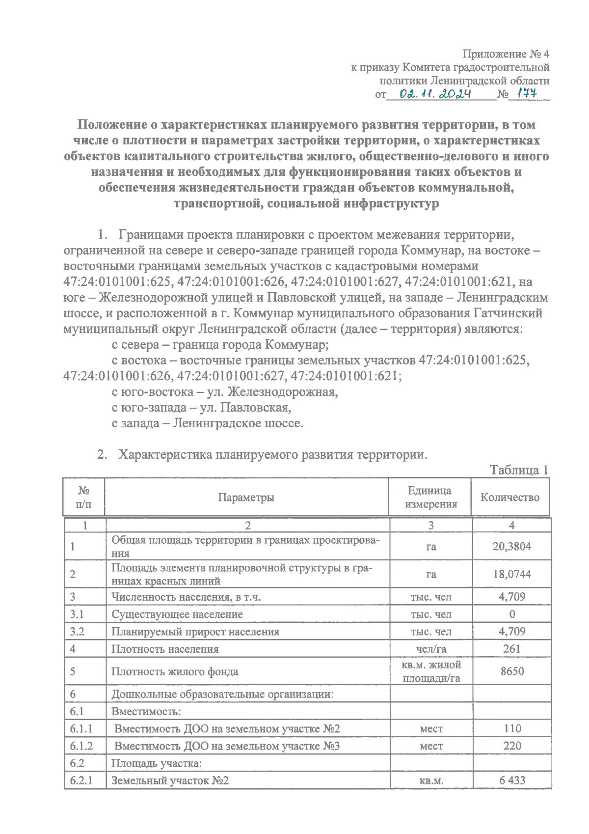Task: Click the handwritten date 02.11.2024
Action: pyautogui.click(x=435, y=94)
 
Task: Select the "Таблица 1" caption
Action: pyautogui.click(x=519, y=470)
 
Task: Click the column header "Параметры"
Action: pyautogui.click(x=246, y=497)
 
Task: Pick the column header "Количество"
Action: pyautogui.click(x=510, y=497)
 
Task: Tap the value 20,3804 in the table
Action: pyautogui.click(x=511, y=546)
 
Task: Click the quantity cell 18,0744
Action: pyautogui.click(x=511, y=574)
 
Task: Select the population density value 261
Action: pyautogui.click(x=511, y=648)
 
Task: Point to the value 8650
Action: pyautogui.click(x=512, y=671)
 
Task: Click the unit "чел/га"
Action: pyautogui.click(x=431, y=649)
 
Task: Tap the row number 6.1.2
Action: pyautogui.click(x=81, y=746)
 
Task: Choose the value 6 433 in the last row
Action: pyautogui.click(x=512, y=780)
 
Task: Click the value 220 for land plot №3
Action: pyautogui.click(x=512, y=746)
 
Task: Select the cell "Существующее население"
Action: pyautogui.click(x=177, y=614)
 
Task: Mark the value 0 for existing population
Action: pyautogui.click(x=512, y=614)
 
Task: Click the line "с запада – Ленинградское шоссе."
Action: pyautogui.click(x=207, y=423)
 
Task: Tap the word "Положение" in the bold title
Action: pyautogui.click(x=112, y=125)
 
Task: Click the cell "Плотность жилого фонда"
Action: pyautogui.click(x=175, y=671)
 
